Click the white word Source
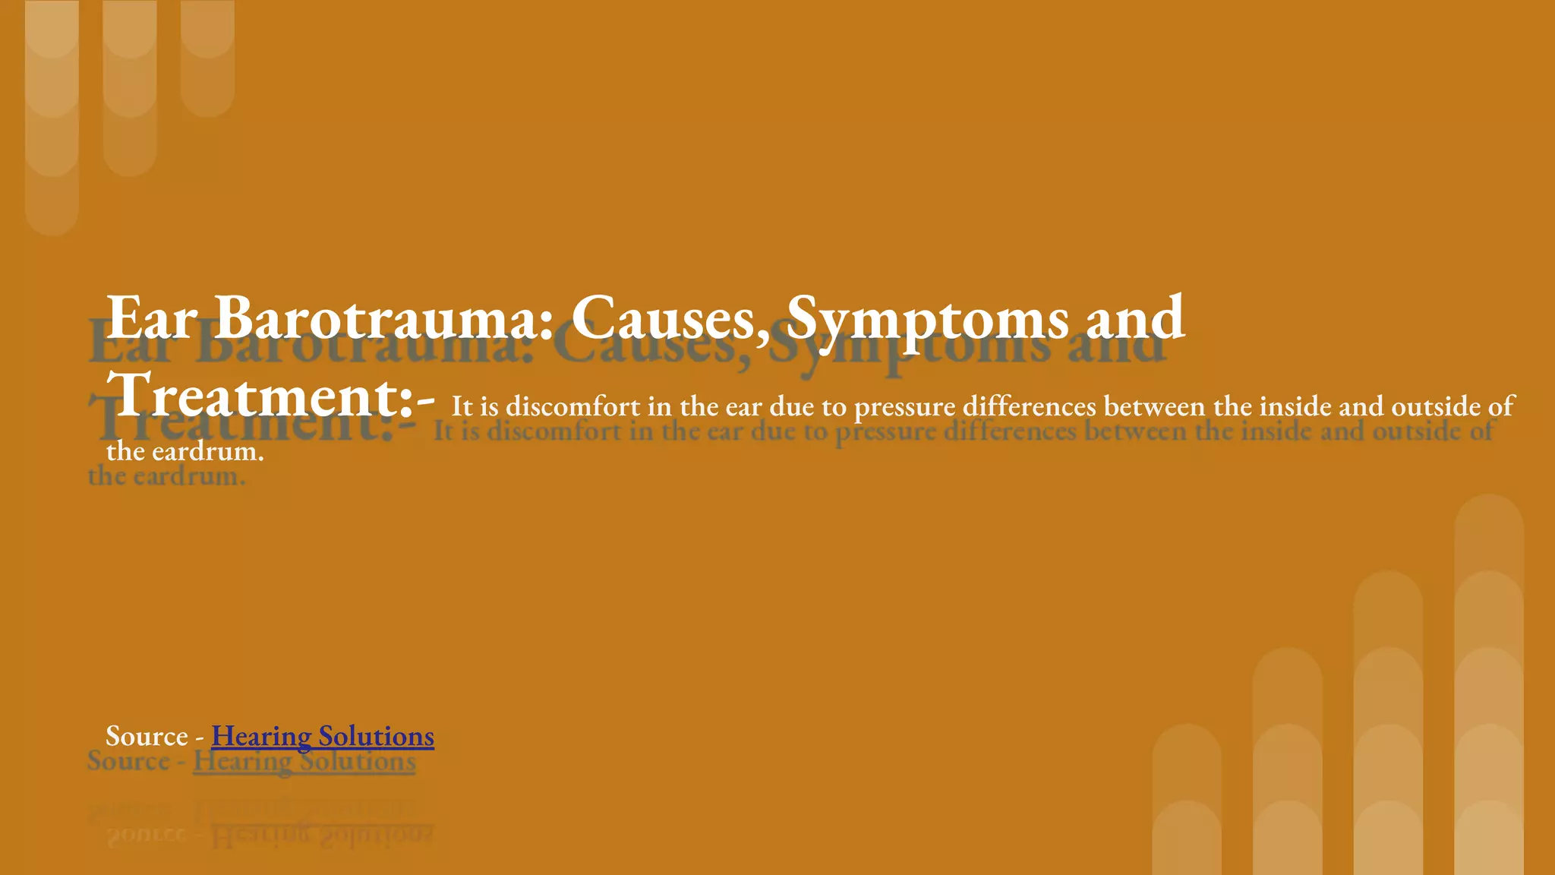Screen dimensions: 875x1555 click(x=147, y=736)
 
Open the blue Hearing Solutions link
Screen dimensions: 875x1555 click(x=323, y=736)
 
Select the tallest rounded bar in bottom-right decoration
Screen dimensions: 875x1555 click(x=1488, y=684)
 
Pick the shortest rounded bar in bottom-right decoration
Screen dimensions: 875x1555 click(x=1187, y=798)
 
